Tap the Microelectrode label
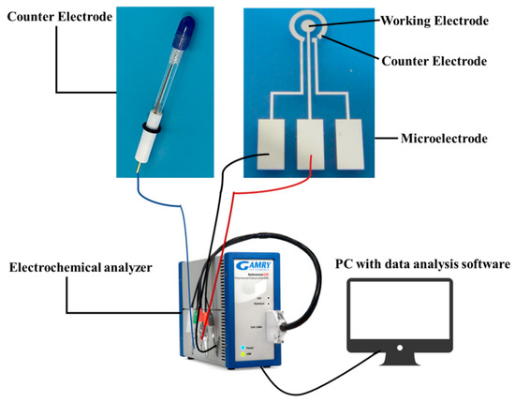point(441,139)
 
